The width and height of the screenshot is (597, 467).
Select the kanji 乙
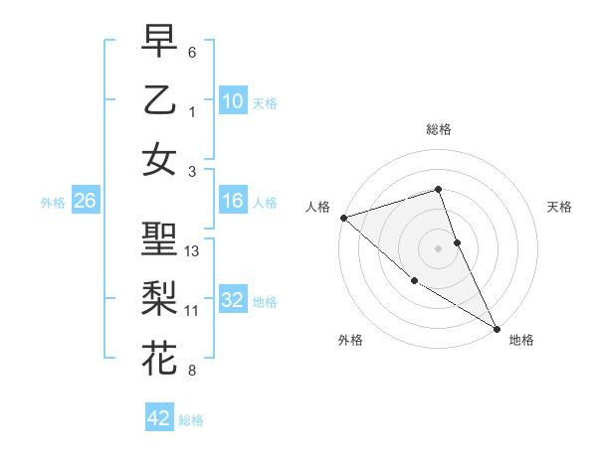[159, 100]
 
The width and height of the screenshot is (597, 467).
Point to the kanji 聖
[159, 240]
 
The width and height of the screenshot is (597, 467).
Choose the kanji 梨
[159, 297]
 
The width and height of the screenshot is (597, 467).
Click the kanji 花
[159, 356]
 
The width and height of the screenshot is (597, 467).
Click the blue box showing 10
[233, 100]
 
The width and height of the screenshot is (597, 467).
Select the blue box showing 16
[233, 202]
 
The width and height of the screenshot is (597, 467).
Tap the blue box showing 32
[233, 300]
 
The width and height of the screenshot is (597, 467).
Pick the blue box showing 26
[85, 202]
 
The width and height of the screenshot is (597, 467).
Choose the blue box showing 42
[159, 418]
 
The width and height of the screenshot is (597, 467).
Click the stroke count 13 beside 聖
[192, 251]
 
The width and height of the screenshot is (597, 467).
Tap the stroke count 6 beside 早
[192, 52]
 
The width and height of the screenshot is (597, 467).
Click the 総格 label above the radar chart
[439, 129]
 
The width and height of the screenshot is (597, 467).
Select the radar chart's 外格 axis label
[350, 340]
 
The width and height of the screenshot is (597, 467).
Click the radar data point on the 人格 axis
[342, 217]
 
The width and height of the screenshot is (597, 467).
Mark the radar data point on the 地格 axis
[496, 328]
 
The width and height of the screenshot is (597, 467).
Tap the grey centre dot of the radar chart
[439, 248]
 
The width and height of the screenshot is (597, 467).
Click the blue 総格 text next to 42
[191, 420]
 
